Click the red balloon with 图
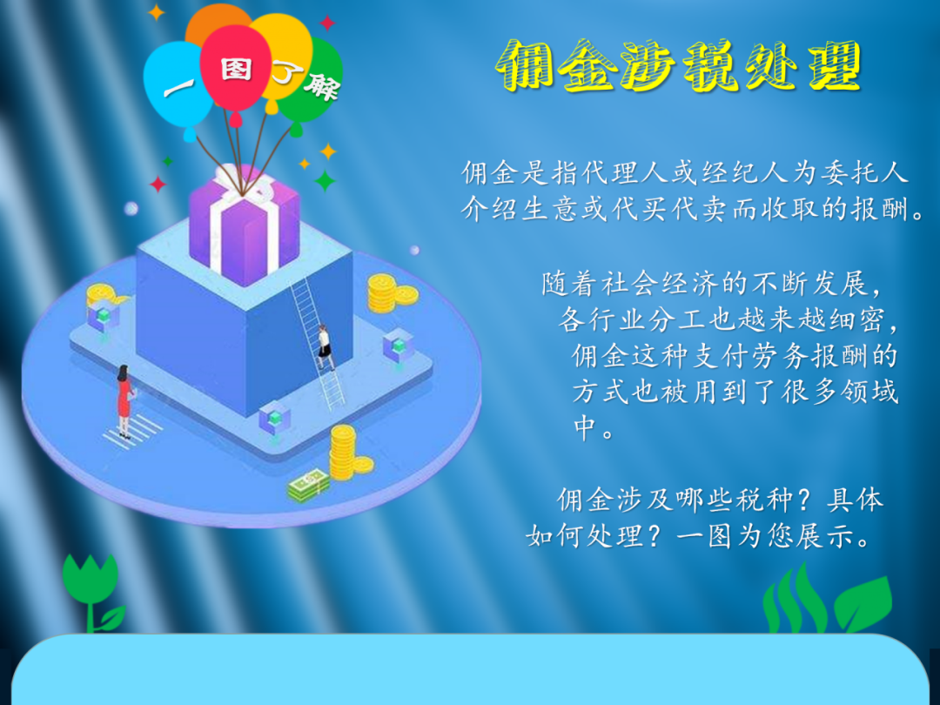(235, 69)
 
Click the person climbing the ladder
(325, 347)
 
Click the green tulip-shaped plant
(91, 590)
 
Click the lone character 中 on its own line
(585, 428)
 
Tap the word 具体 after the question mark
(855, 499)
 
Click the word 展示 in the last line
(825, 534)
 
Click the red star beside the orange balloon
(327, 23)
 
